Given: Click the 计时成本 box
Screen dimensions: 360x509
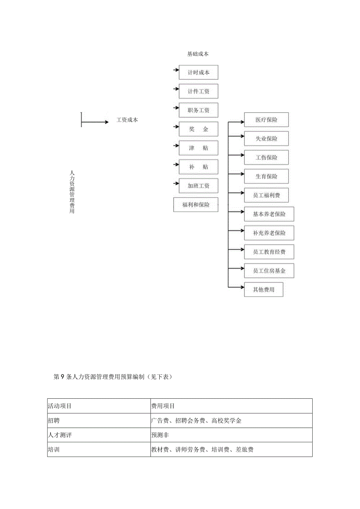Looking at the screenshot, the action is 198,72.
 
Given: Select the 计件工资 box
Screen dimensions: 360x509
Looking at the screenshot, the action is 198,91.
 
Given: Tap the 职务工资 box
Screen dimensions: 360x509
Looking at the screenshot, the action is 198,110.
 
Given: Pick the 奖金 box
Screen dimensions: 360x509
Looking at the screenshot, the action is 198,129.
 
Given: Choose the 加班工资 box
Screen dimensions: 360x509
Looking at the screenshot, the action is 198,186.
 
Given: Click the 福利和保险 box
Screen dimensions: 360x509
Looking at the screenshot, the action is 196,205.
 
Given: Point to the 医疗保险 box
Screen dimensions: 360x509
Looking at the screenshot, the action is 266,120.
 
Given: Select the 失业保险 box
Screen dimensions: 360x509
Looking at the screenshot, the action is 266,138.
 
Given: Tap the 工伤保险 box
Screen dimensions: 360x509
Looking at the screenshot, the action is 266,157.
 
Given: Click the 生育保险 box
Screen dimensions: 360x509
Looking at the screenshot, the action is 266,176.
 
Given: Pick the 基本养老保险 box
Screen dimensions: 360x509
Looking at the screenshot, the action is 269,214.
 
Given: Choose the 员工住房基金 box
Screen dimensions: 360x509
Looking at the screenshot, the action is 269,271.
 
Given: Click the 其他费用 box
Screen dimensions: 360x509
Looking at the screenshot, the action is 263,290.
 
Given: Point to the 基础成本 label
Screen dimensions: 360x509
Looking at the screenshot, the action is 198,54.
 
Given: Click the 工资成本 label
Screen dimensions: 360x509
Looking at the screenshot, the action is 127,120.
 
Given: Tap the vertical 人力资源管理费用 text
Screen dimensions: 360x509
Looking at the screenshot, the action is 72,192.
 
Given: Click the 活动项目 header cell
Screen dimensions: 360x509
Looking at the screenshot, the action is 99,406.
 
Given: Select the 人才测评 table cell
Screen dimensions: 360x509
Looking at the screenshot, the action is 99,435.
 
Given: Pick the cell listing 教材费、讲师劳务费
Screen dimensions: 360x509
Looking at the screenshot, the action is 231,450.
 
